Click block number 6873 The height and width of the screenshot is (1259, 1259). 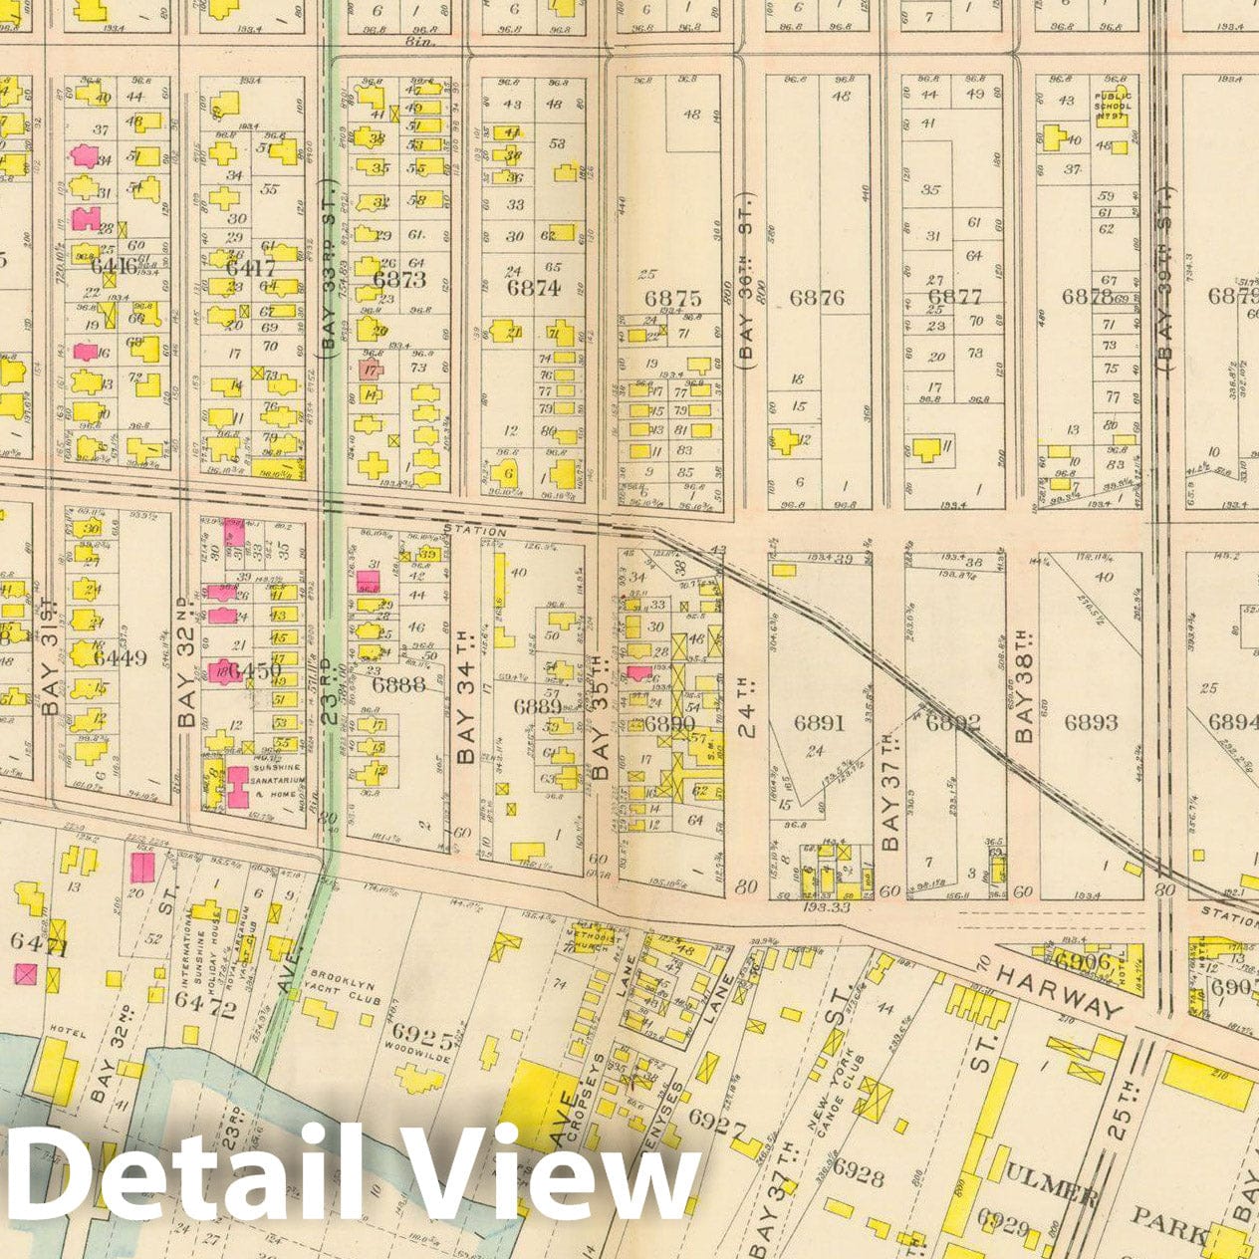tap(399, 280)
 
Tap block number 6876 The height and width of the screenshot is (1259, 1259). tap(817, 297)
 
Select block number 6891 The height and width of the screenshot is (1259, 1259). tap(819, 722)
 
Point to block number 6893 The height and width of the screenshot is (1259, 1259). tap(1090, 722)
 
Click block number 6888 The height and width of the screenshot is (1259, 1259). tap(398, 684)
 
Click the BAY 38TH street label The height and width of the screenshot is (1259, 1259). tap(1023, 688)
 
